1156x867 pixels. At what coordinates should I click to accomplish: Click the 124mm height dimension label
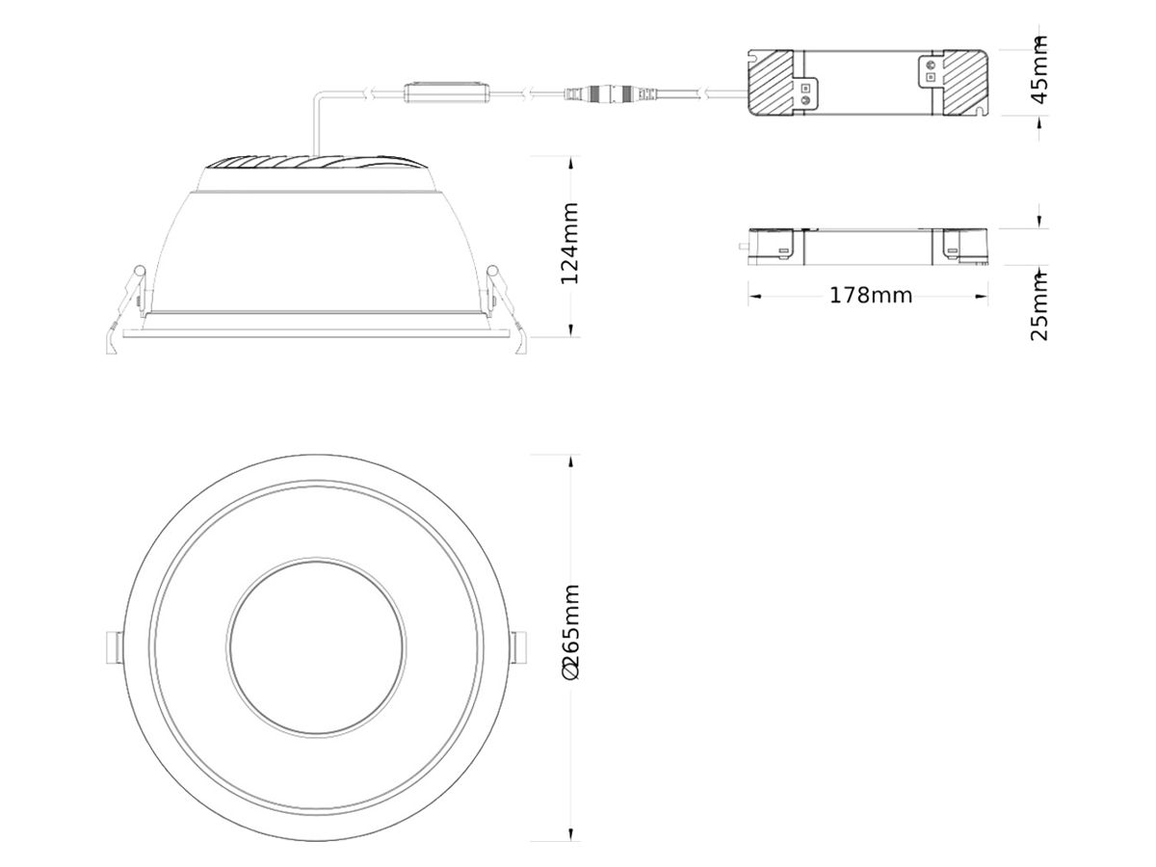pos(570,243)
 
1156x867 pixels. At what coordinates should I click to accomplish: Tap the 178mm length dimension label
pos(870,295)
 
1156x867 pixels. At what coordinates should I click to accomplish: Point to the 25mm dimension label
pos(1039,306)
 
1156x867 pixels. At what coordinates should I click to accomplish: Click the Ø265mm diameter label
pos(570,631)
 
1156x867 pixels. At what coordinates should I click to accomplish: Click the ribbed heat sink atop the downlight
pos(318,166)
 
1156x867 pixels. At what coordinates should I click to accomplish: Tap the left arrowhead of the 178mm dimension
pos(754,295)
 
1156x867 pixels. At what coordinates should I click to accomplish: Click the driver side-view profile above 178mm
pos(867,246)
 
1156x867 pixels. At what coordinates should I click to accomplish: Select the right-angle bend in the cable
pos(316,94)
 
